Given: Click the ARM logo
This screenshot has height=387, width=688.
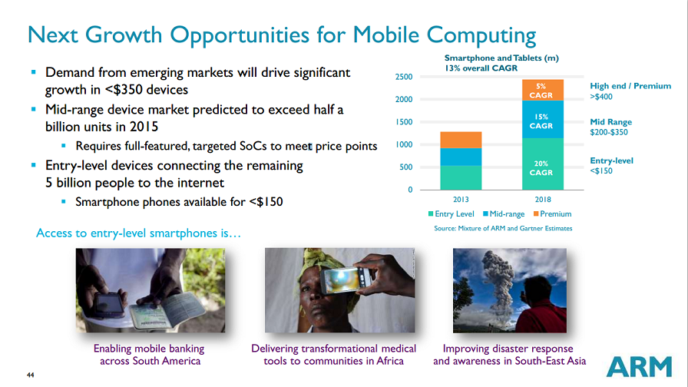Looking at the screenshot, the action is (x=640, y=366).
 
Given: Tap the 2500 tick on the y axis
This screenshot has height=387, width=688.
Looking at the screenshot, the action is (x=404, y=77).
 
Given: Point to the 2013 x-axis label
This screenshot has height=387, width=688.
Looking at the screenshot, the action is (x=461, y=199).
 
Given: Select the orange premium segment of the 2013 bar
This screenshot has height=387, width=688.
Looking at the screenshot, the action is (x=461, y=140).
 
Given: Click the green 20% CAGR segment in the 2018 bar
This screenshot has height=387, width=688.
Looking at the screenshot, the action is (x=543, y=164).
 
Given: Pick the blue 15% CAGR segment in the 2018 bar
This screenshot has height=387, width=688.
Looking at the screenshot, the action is (x=543, y=119).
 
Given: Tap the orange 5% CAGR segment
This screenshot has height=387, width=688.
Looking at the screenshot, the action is (x=543, y=90).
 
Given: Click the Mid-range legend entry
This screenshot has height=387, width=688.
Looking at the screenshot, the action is (x=504, y=213).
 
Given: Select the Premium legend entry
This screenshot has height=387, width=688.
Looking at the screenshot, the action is (x=553, y=213).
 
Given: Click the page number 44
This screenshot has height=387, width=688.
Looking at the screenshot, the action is (x=30, y=375).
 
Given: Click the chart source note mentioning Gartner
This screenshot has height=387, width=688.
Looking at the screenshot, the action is (x=503, y=228).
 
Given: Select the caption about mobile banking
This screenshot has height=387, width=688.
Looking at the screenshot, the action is (x=149, y=355).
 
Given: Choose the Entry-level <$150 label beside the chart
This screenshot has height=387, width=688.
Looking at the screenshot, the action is (x=612, y=165).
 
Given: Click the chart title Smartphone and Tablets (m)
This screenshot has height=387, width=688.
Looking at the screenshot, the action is (x=501, y=58).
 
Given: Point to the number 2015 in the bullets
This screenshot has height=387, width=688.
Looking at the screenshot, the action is (x=144, y=127).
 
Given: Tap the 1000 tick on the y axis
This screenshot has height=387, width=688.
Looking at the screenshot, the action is (x=404, y=144).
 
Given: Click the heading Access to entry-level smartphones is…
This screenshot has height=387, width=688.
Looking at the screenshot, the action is (x=139, y=233).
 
